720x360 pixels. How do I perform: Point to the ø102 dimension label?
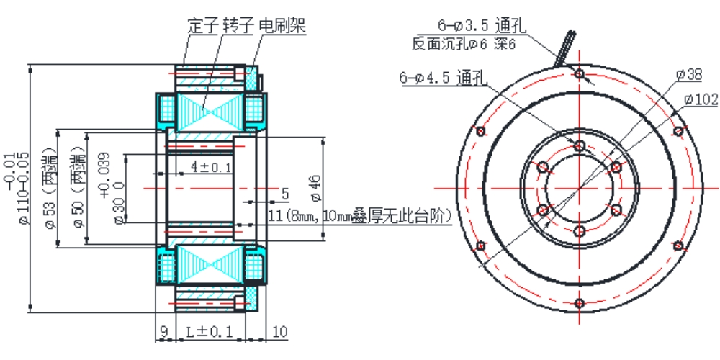[699, 99]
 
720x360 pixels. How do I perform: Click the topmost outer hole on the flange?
[580, 73]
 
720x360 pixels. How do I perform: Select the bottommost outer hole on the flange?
[580, 303]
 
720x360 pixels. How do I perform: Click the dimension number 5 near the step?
[285, 193]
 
